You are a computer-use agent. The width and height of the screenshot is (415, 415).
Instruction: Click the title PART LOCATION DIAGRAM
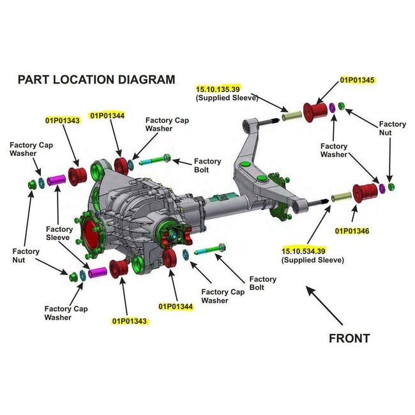[96, 80]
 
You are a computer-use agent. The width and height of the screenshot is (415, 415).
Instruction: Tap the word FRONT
[349, 338]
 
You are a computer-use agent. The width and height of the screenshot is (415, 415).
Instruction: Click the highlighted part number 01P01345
[357, 80]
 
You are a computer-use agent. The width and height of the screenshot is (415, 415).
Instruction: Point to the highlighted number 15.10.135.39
[218, 89]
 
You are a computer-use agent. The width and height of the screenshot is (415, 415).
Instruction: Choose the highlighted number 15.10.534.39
[303, 251]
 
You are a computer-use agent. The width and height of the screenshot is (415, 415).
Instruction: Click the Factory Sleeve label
[59, 233]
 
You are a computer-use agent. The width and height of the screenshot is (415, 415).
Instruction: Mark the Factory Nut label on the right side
[392, 128]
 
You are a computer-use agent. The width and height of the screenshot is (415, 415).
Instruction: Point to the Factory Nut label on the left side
[26, 255]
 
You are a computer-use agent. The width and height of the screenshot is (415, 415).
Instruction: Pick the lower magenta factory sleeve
[98, 273]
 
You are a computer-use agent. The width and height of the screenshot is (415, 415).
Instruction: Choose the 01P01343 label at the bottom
[131, 321]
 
